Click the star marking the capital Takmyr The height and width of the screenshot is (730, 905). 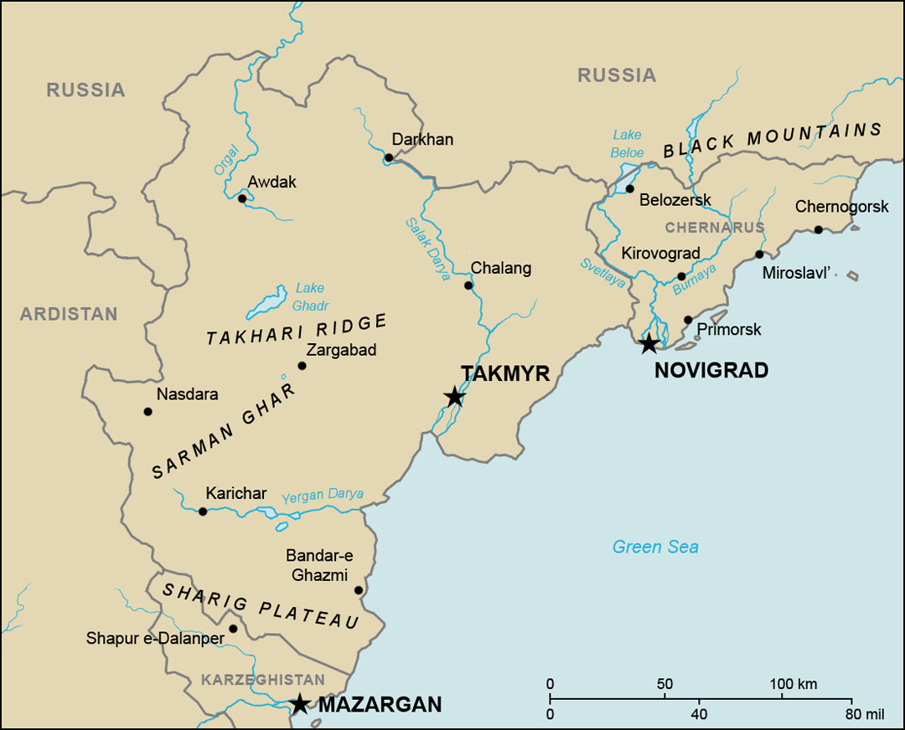[x=454, y=396]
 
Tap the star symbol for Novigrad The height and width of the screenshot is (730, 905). [x=649, y=343]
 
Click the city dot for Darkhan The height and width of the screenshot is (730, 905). [x=389, y=157]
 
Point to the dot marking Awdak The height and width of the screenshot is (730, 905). [x=242, y=198]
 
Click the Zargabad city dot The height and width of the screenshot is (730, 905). [x=303, y=365]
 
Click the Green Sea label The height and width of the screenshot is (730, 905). [x=655, y=547]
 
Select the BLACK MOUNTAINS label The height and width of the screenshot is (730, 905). [x=772, y=141]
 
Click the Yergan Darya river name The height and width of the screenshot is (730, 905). [x=323, y=495]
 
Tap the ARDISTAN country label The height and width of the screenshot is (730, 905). [x=69, y=315]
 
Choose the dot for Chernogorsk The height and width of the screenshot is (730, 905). [x=818, y=229]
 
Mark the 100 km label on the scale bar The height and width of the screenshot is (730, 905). [x=793, y=684]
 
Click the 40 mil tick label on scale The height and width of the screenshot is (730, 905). [x=699, y=715]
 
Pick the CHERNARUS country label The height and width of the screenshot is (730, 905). [x=715, y=228]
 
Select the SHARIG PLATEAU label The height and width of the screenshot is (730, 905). [x=261, y=606]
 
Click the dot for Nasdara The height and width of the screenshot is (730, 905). [x=148, y=411]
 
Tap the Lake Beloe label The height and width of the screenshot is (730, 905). [x=627, y=143]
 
